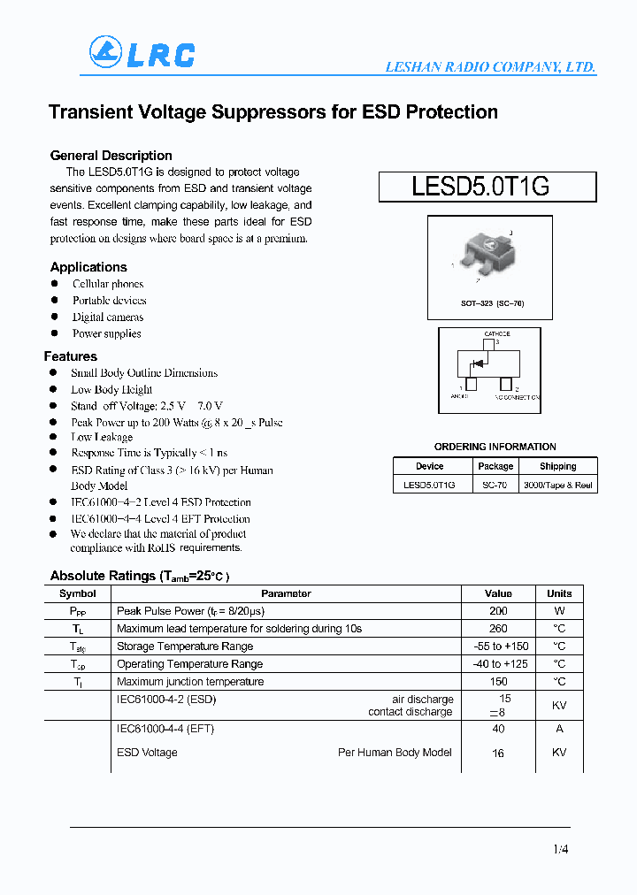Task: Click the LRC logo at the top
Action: click(142, 54)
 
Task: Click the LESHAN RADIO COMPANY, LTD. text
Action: click(489, 67)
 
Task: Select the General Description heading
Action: click(111, 156)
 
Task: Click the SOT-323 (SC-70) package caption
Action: click(492, 303)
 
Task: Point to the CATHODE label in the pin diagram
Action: click(496, 333)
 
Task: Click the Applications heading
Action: click(88, 267)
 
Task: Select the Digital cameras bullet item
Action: click(108, 317)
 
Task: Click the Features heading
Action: click(71, 356)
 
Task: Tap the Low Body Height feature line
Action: click(111, 389)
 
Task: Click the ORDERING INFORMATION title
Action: click(495, 447)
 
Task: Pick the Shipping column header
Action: click(557, 466)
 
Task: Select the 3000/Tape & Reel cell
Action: click(558, 485)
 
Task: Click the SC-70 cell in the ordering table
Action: click(495, 485)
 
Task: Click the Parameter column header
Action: click(286, 593)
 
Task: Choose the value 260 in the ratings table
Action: click(498, 629)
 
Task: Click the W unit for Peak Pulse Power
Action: click(559, 611)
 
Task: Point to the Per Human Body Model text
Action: click(395, 753)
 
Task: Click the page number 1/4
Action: click(560, 849)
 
